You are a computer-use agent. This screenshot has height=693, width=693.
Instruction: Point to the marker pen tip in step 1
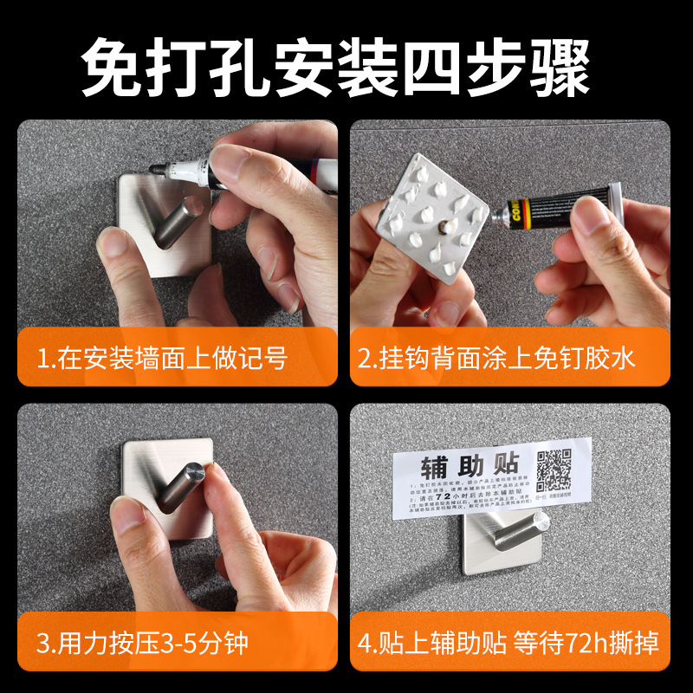(154, 168)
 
